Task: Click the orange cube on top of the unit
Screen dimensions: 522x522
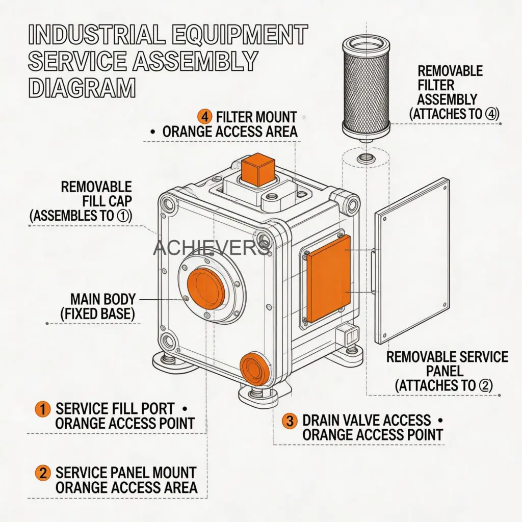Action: pyautogui.click(x=257, y=170)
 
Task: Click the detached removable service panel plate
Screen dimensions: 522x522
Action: pyautogui.click(x=412, y=261)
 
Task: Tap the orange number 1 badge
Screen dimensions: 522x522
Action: pyautogui.click(x=43, y=408)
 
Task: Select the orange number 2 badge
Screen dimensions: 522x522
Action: pyautogui.click(x=43, y=472)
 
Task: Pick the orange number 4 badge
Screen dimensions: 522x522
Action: pyautogui.click(x=204, y=117)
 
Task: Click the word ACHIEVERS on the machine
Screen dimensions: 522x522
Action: pyautogui.click(x=211, y=248)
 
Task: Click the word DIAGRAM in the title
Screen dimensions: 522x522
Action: pyautogui.click(x=82, y=87)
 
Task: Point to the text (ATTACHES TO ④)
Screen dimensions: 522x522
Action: pyautogui.click(x=454, y=114)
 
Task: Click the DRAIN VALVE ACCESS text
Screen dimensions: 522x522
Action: pyautogui.click(x=367, y=421)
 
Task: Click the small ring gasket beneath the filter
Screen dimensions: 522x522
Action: pyautogui.click(x=366, y=158)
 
